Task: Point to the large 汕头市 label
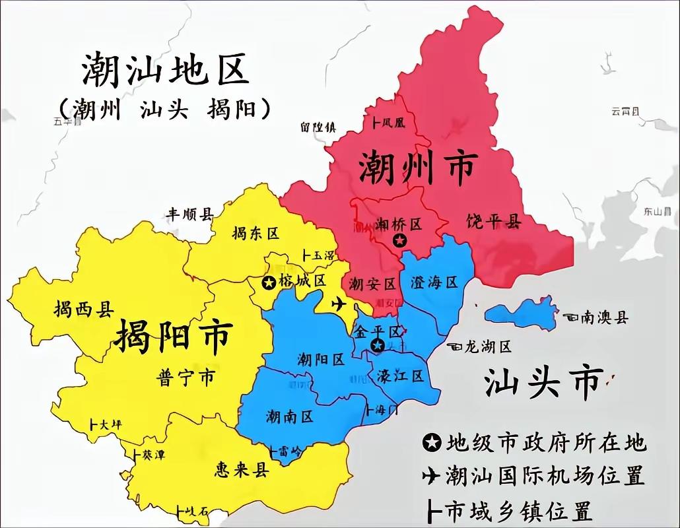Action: [543, 381]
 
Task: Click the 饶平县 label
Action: [493, 220]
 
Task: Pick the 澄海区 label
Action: [434, 282]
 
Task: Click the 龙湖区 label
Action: [488, 346]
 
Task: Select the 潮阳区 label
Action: [321, 360]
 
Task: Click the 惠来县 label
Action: [242, 469]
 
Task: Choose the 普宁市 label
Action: [186, 378]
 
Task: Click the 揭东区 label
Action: [256, 233]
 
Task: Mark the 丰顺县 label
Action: [189, 214]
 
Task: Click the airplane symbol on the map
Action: [339, 304]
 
